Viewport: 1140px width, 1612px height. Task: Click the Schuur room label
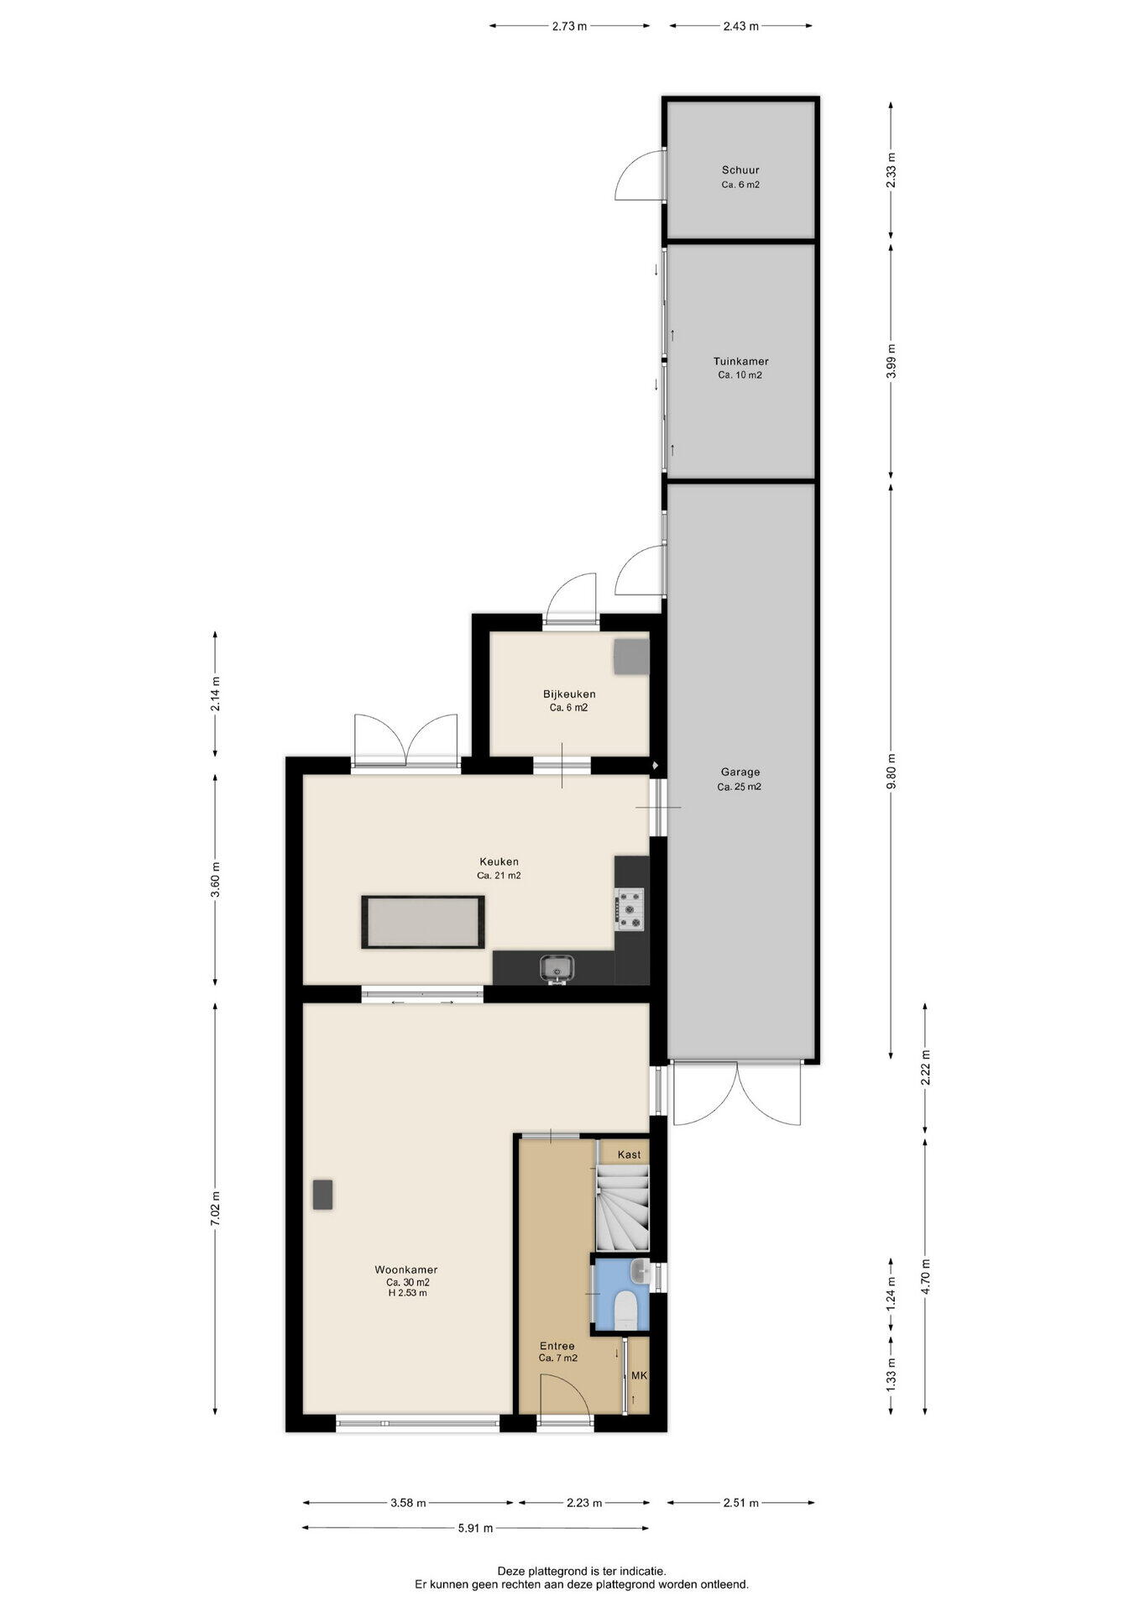(x=740, y=170)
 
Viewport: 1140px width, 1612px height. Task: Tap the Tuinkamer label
(x=740, y=362)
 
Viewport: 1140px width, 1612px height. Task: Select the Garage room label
(x=740, y=772)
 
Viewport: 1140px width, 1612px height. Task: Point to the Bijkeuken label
(x=569, y=694)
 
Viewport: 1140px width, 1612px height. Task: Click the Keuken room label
(x=499, y=861)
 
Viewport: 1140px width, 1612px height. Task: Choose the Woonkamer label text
(x=406, y=1270)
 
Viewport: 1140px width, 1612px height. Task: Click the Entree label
(x=557, y=1346)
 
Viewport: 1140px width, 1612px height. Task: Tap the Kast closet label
(x=629, y=1154)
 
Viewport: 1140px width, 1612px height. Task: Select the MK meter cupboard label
(x=639, y=1376)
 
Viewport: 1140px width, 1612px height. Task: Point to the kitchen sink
(x=556, y=968)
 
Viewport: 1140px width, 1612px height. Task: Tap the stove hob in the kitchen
(x=630, y=910)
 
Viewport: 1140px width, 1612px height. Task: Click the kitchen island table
(x=423, y=922)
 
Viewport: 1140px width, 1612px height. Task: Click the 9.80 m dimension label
(x=892, y=772)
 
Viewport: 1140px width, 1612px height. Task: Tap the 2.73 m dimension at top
(x=569, y=26)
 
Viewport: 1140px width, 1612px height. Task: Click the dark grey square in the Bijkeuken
(x=631, y=657)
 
